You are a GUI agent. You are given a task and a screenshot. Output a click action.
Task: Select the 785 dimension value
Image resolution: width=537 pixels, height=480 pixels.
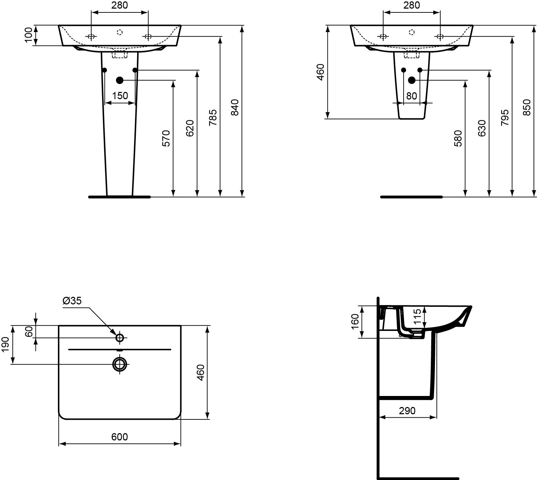tap(213, 117)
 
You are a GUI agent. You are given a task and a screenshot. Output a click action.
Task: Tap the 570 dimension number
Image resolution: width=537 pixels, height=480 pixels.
tap(166, 138)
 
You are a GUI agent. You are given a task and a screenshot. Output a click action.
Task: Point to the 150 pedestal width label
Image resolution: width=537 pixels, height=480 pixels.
tap(120, 95)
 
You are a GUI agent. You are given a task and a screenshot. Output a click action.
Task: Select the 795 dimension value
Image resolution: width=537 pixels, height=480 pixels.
tap(505, 117)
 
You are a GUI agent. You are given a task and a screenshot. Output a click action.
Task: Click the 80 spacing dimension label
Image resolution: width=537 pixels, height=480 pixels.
tap(412, 96)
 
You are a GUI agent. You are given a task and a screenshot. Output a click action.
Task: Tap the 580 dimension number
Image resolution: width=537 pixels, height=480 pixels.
tap(458, 138)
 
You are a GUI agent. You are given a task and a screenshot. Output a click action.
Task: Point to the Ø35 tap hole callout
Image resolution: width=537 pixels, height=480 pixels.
tap(72, 301)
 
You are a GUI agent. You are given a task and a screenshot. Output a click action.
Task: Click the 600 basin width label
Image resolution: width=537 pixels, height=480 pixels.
tap(120, 437)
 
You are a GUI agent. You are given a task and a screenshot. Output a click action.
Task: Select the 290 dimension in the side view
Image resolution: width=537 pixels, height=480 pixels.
tap(407, 410)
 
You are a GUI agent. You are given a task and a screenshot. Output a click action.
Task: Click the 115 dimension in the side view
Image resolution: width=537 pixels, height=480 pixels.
tap(417, 317)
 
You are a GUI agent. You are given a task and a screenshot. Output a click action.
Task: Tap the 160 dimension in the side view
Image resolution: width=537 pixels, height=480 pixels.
tap(355, 322)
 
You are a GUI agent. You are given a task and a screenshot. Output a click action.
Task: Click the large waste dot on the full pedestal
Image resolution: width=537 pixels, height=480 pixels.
tap(120, 80)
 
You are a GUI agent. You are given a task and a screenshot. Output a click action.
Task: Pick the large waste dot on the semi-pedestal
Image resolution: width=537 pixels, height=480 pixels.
tap(412, 80)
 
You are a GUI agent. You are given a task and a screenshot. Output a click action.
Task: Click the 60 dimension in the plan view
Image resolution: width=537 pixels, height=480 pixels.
tap(29, 332)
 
